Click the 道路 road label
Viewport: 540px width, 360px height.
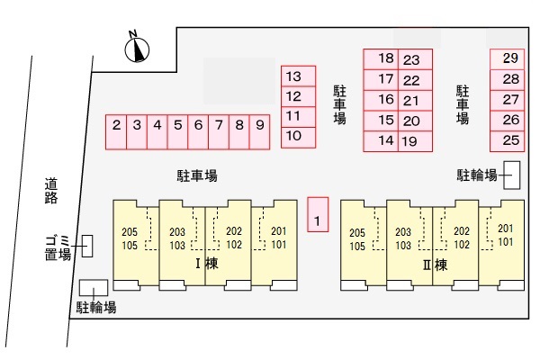click(50, 192)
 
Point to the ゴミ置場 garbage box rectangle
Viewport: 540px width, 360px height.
click(86, 246)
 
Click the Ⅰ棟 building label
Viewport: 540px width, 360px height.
click(208, 265)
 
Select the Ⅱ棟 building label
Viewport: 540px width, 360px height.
click(435, 265)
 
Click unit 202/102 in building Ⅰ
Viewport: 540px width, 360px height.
click(234, 238)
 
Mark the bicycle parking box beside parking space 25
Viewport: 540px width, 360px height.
click(511, 175)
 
